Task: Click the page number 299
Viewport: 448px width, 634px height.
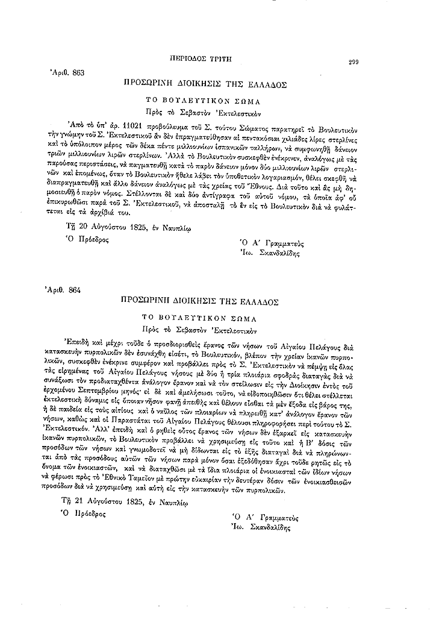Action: pyautogui.click(x=353, y=62)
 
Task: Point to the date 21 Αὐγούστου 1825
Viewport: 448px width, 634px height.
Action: pyautogui.click(x=113, y=501)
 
